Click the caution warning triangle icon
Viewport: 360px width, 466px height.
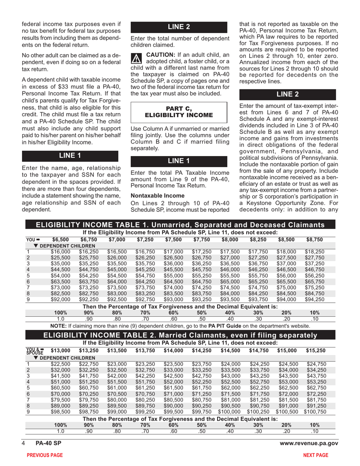pyautogui.click(x=136, y=58)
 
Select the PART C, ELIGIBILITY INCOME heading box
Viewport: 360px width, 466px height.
pyautogui.click(x=179, y=112)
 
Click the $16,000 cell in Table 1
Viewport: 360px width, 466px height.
pyautogui.click(x=61, y=251)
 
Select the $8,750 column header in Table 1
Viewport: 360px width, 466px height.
pyautogui.click(x=315, y=239)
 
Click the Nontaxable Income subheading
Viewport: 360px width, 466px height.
pyautogui.click(x=152, y=195)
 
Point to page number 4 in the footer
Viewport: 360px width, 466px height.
pyautogui.click(x=23, y=443)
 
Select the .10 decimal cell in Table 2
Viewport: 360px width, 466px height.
pyautogui.click(x=315, y=431)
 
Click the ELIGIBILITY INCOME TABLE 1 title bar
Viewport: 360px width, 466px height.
pyautogui.click(x=180, y=225)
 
